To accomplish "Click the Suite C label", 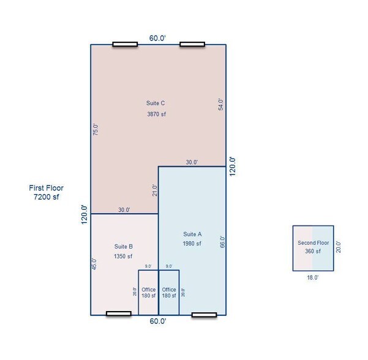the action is (156, 103).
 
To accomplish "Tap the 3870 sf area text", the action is (156, 114).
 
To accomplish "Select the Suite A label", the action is (192, 234).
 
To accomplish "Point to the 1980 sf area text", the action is (192, 244).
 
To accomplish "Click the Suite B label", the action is (124, 246).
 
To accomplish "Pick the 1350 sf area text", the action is (123, 257).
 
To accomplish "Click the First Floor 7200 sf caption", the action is (47, 192).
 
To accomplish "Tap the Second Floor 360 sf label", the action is (313, 247).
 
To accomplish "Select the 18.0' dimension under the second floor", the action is (313, 277).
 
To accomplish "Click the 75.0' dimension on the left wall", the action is (96, 130).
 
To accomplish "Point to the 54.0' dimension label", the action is (220, 105).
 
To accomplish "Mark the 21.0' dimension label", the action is (155, 190).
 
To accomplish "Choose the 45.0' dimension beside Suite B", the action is (94, 264).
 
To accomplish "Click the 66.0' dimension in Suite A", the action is (222, 242).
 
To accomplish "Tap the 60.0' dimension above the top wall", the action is (157, 38).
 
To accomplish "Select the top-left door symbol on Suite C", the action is (125, 44).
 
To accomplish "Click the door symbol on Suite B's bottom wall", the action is (119, 313).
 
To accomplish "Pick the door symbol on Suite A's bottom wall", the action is (204, 315).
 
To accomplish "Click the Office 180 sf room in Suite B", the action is (148, 293).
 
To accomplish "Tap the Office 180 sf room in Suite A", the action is (169, 293).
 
